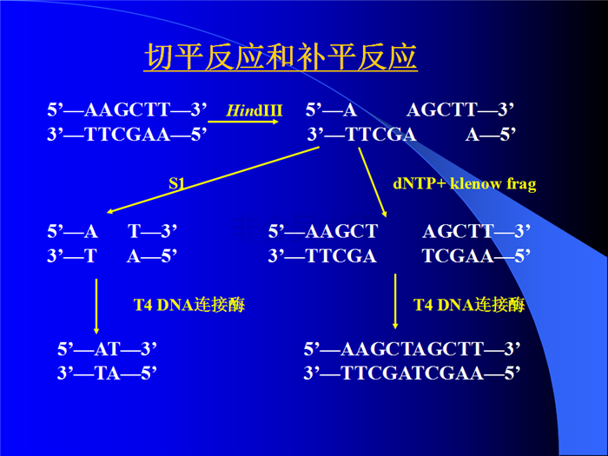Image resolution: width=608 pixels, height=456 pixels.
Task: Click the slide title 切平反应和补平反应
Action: (x=281, y=57)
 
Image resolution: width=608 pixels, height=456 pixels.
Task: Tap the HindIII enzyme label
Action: (x=254, y=110)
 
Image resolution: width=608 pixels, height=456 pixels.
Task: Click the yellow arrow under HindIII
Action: (x=243, y=122)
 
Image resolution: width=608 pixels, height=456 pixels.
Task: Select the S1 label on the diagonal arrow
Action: (x=177, y=183)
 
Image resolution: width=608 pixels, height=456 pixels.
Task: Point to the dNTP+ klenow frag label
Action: (x=465, y=183)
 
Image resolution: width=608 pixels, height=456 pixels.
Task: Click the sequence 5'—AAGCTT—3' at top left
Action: (x=127, y=109)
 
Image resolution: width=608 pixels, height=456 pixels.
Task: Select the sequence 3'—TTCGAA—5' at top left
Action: (x=127, y=135)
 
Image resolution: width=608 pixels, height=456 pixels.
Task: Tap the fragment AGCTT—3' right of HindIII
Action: (x=460, y=109)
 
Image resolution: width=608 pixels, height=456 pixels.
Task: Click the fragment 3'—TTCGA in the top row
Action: (x=361, y=135)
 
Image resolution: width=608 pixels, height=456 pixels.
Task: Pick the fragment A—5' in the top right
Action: (x=491, y=135)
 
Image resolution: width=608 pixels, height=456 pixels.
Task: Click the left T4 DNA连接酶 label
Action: (x=189, y=305)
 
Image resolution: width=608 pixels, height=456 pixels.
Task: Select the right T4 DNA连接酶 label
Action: (x=469, y=305)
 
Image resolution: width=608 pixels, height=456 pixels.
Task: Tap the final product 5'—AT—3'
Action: (x=107, y=349)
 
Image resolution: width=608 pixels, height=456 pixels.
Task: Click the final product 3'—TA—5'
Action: (x=107, y=373)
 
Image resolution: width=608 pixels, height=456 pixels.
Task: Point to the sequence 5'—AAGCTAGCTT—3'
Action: (x=412, y=349)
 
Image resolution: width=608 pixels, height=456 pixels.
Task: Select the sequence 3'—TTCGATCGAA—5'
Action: (x=412, y=373)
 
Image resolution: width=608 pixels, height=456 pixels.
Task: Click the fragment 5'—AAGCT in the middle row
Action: (x=323, y=232)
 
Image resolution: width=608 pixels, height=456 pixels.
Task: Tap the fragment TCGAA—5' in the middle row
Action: (x=476, y=256)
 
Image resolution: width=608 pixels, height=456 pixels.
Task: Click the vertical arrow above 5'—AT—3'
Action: (x=96, y=307)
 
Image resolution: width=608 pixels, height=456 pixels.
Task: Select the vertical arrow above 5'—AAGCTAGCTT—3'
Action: (x=395, y=301)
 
